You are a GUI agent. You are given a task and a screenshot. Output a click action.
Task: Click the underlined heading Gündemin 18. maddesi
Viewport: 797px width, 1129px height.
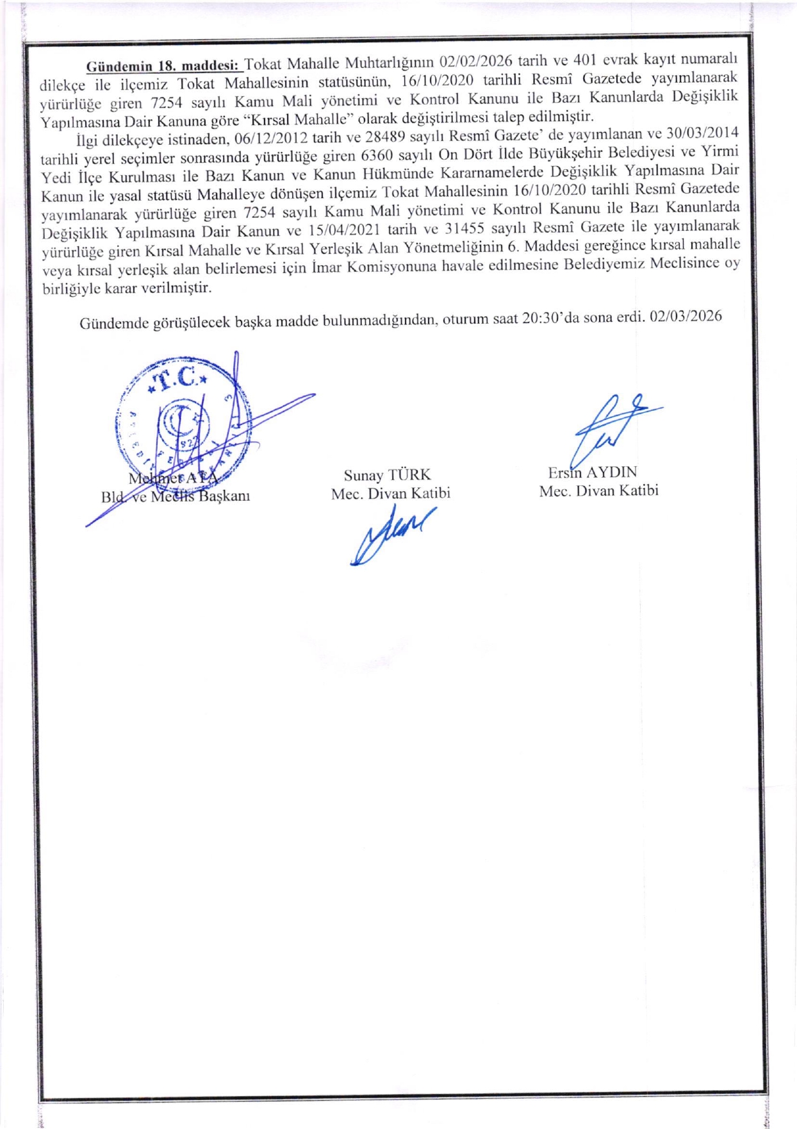click(x=162, y=65)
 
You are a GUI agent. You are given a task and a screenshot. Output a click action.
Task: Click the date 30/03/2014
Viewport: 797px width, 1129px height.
click(x=703, y=133)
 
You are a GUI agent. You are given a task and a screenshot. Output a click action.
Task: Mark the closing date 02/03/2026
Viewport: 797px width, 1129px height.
click(x=686, y=316)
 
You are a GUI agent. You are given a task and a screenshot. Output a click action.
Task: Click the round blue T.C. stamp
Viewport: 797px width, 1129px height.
click(x=183, y=424)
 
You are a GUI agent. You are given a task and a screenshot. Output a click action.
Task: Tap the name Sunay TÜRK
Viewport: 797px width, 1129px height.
click(x=387, y=475)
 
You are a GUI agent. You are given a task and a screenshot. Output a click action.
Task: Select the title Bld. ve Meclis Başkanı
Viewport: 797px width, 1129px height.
click(x=176, y=496)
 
